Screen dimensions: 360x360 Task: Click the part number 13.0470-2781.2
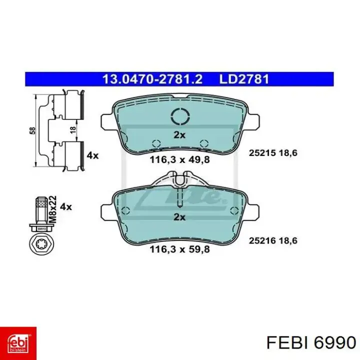click(x=152, y=78)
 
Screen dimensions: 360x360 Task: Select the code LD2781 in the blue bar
click(x=245, y=78)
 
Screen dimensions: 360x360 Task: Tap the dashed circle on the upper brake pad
click(x=180, y=116)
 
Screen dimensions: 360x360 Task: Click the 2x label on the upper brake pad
click(x=179, y=134)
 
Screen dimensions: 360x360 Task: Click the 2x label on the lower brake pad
click(x=179, y=216)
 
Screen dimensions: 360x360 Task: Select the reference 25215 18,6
click(x=273, y=153)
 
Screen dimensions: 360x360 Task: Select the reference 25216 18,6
click(x=273, y=240)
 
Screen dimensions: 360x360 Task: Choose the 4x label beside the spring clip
click(x=92, y=155)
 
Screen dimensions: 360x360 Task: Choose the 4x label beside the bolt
click(x=66, y=206)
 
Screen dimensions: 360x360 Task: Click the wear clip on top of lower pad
click(x=180, y=178)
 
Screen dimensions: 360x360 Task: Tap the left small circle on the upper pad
click(x=155, y=143)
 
